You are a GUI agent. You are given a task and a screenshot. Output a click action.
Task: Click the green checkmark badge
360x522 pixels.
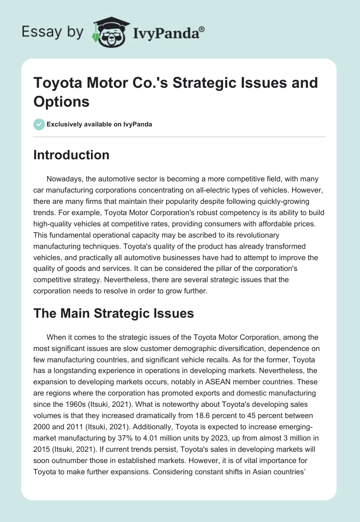(39, 124)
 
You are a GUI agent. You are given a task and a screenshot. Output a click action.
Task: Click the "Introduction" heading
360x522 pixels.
(72, 155)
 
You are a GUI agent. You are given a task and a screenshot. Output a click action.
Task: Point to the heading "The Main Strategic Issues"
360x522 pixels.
(113, 313)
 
